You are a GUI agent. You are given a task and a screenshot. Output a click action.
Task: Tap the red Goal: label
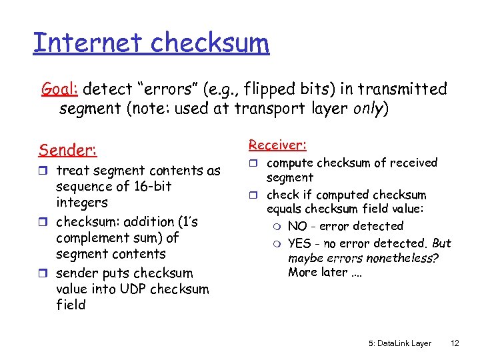tap(61, 89)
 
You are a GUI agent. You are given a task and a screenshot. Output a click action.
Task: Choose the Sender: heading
tap(68, 149)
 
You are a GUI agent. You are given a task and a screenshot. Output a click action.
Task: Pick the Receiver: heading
tap(277, 145)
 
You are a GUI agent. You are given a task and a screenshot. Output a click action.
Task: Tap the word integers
tap(82, 203)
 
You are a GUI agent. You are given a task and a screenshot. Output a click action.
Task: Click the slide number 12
tap(455, 343)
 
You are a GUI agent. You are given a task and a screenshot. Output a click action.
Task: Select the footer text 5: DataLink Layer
tap(399, 343)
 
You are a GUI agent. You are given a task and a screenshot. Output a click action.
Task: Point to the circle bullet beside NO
tap(277, 227)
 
